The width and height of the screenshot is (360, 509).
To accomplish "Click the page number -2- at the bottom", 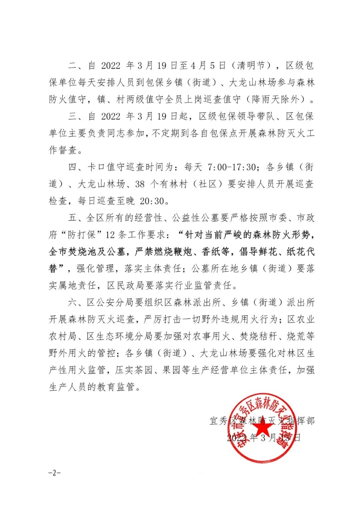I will pyautogui.click(x=54, y=473).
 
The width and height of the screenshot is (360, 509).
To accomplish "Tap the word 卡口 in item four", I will pyautogui.click(x=96, y=167).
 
